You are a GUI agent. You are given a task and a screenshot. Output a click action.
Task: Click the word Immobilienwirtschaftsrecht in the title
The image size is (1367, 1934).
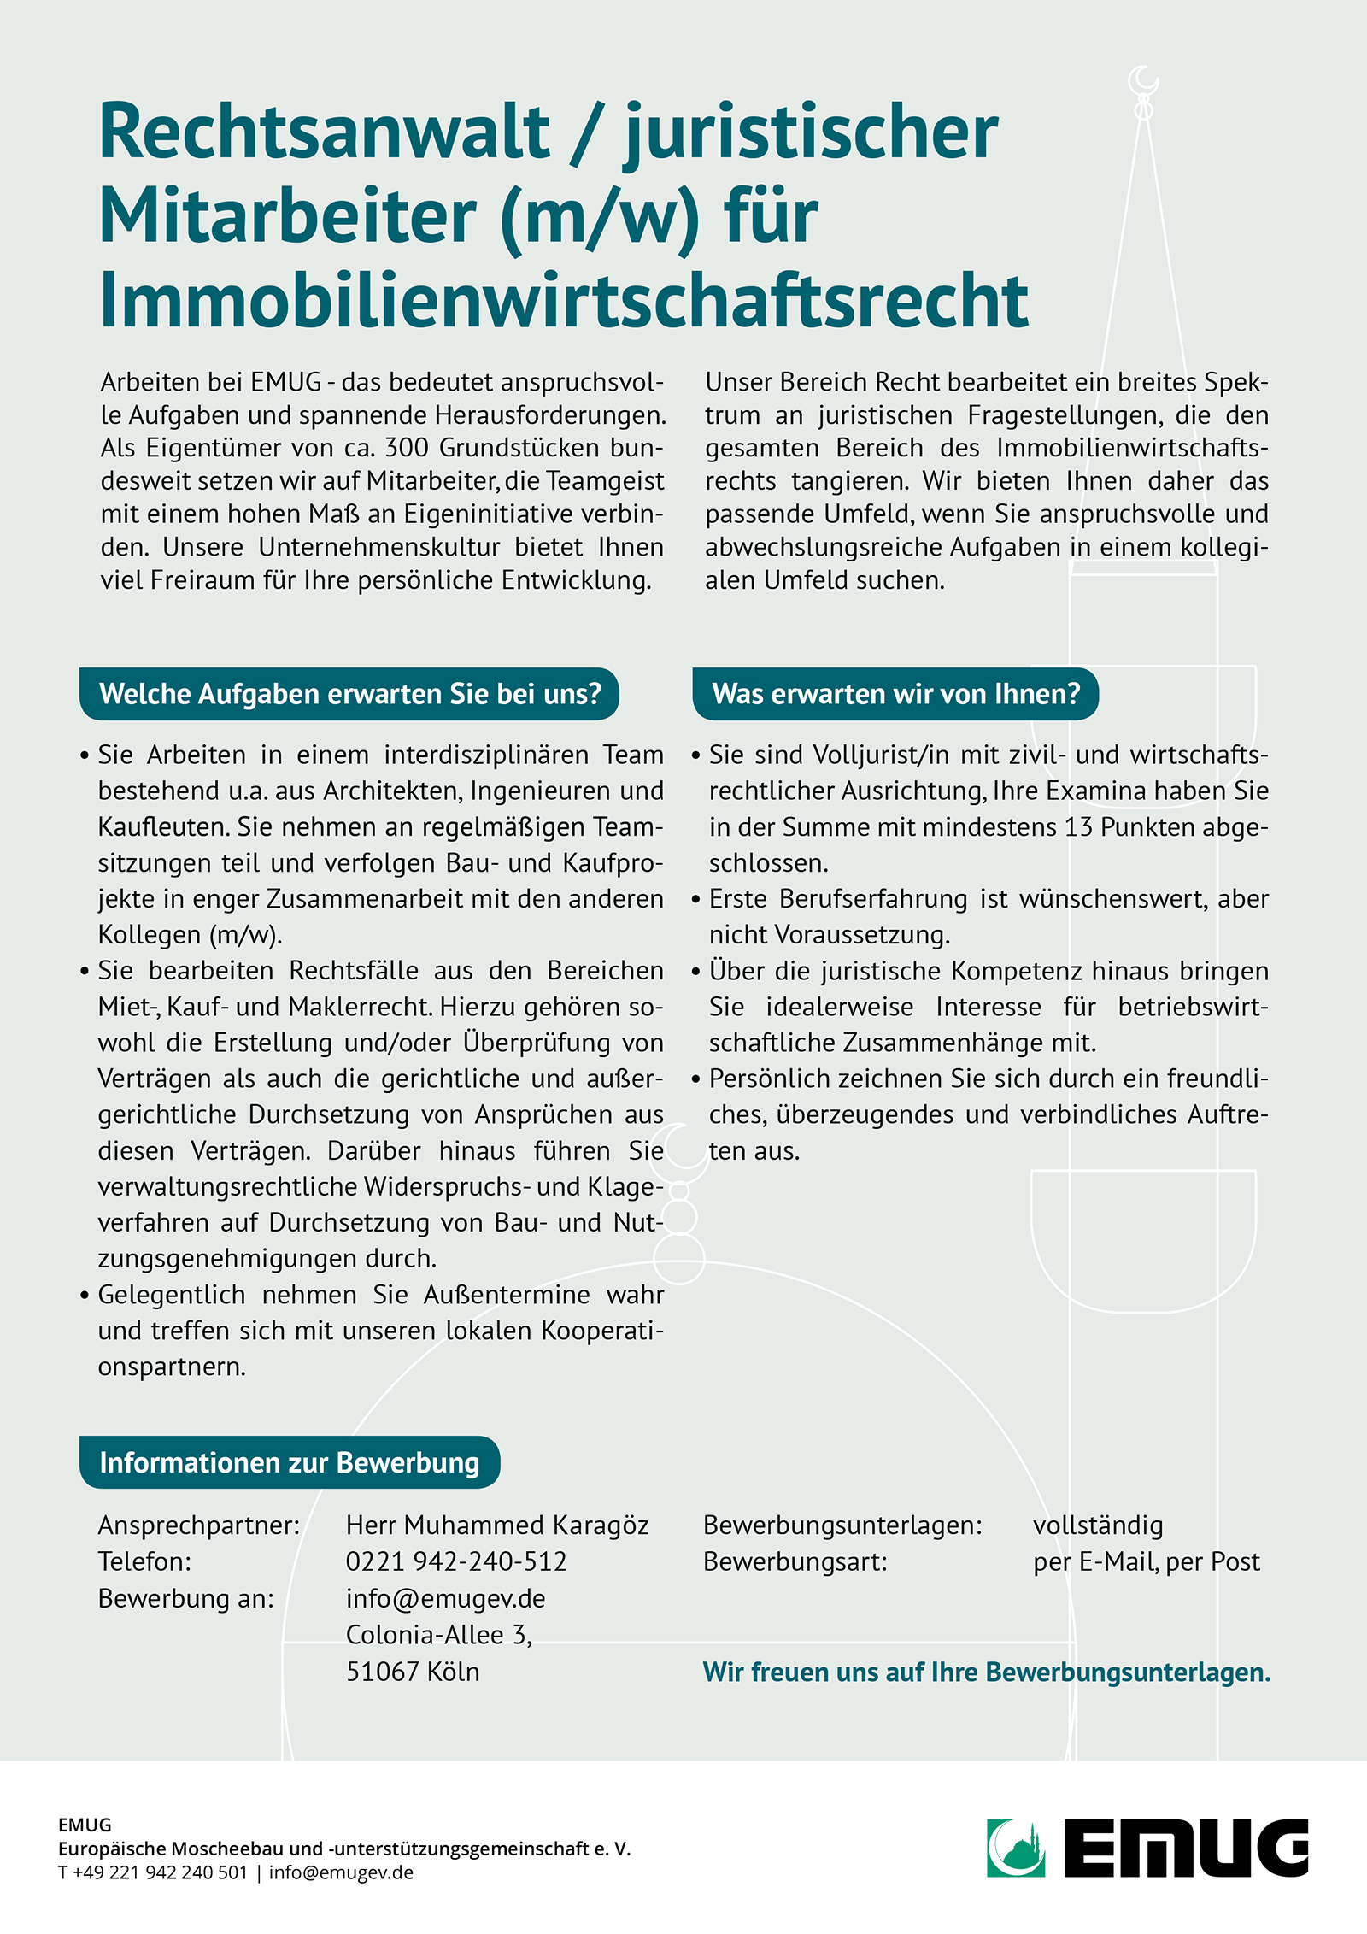click(x=564, y=301)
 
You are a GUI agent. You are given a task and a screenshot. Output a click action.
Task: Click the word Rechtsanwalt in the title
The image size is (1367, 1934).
click(x=325, y=132)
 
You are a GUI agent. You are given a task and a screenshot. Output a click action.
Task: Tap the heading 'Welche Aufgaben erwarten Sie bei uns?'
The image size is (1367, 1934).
click(x=349, y=694)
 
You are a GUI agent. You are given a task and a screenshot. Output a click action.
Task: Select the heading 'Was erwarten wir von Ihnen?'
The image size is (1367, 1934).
click(x=895, y=694)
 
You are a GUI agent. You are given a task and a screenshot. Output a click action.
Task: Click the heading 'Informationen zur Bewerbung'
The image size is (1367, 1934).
click(x=289, y=1462)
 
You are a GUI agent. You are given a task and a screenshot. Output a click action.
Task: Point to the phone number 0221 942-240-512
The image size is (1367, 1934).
click(x=456, y=1561)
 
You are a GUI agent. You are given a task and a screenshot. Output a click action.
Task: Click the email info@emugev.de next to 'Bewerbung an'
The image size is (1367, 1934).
click(x=445, y=1598)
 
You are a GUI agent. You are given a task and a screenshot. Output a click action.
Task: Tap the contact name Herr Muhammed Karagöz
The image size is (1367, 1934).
click(x=497, y=1525)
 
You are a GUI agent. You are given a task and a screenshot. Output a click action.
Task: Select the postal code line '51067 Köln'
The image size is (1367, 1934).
click(x=413, y=1671)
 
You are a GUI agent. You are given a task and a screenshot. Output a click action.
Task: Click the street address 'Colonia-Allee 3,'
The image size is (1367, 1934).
click(x=439, y=1634)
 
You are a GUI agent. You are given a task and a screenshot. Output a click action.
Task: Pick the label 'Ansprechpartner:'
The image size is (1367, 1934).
click(x=199, y=1525)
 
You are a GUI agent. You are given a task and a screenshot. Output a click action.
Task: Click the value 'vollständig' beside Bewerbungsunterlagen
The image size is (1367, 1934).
click(x=1098, y=1525)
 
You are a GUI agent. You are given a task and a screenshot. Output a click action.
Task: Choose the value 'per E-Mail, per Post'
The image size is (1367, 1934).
click(x=1146, y=1561)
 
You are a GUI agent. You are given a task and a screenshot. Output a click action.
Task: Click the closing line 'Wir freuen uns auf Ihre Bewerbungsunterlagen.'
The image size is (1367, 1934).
click(x=987, y=1672)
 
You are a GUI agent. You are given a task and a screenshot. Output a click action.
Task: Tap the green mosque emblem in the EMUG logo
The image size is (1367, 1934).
click(x=1016, y=1849)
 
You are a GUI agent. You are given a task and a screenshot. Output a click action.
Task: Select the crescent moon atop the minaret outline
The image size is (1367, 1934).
click(x=1143, y=82)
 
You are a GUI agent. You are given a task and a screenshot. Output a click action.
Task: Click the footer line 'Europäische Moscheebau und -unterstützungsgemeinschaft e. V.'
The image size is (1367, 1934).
click(x=344, y=1849)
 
